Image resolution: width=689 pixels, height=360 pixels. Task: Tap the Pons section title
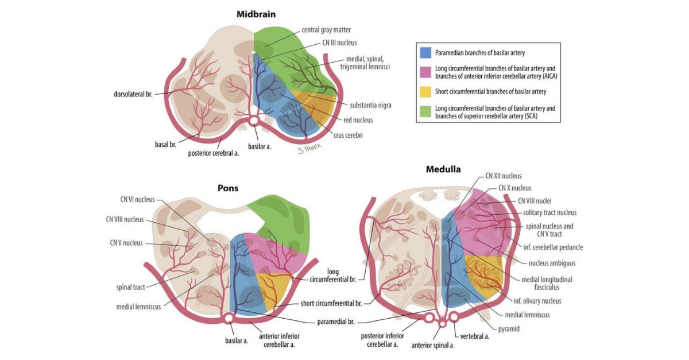coord(228,188)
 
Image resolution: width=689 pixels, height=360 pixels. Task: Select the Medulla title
coord(443,169)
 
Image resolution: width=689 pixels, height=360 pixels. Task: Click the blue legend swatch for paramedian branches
coord(426,53)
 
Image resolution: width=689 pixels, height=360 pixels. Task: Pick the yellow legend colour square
coord(426,91)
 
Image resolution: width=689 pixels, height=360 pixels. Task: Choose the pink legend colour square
coord(426,72)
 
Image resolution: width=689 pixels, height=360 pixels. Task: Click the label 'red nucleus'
coord(358,120)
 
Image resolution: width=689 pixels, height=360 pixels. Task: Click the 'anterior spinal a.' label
coord(433,345)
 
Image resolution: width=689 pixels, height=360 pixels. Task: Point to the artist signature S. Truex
coord(308,149)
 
